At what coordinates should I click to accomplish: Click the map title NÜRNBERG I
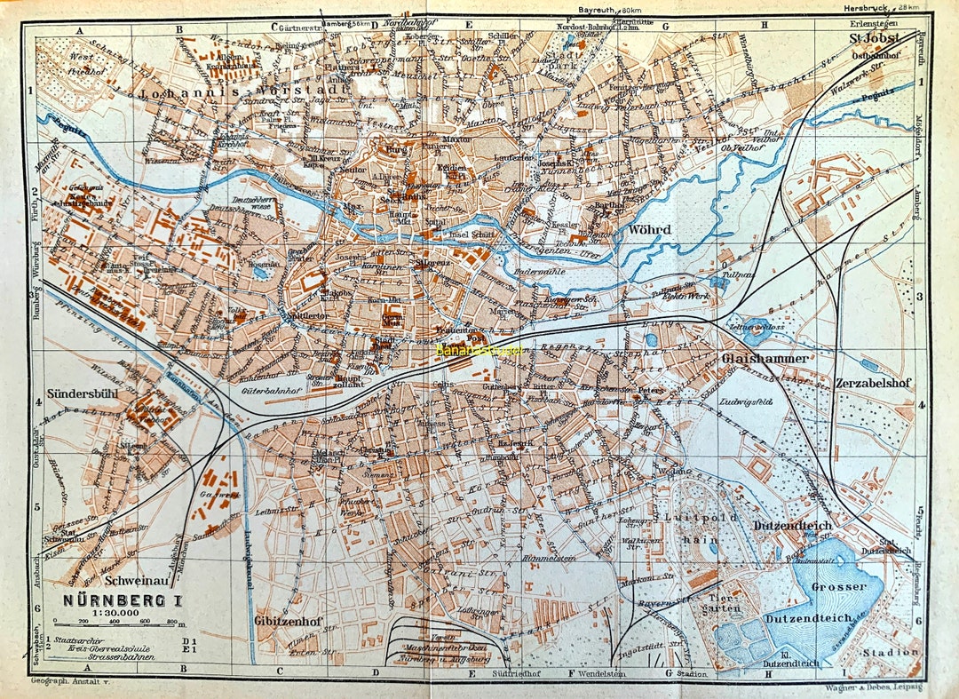coord(122,599)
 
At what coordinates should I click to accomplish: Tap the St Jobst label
coord(875,38)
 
